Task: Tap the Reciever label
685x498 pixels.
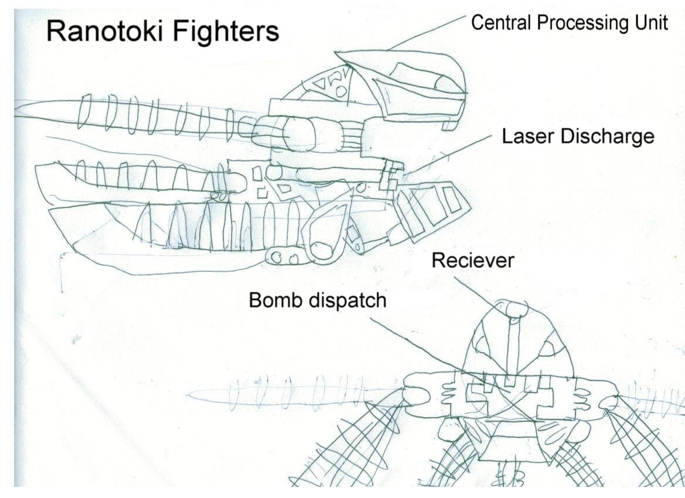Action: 472,260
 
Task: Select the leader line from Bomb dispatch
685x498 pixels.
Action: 422,346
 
